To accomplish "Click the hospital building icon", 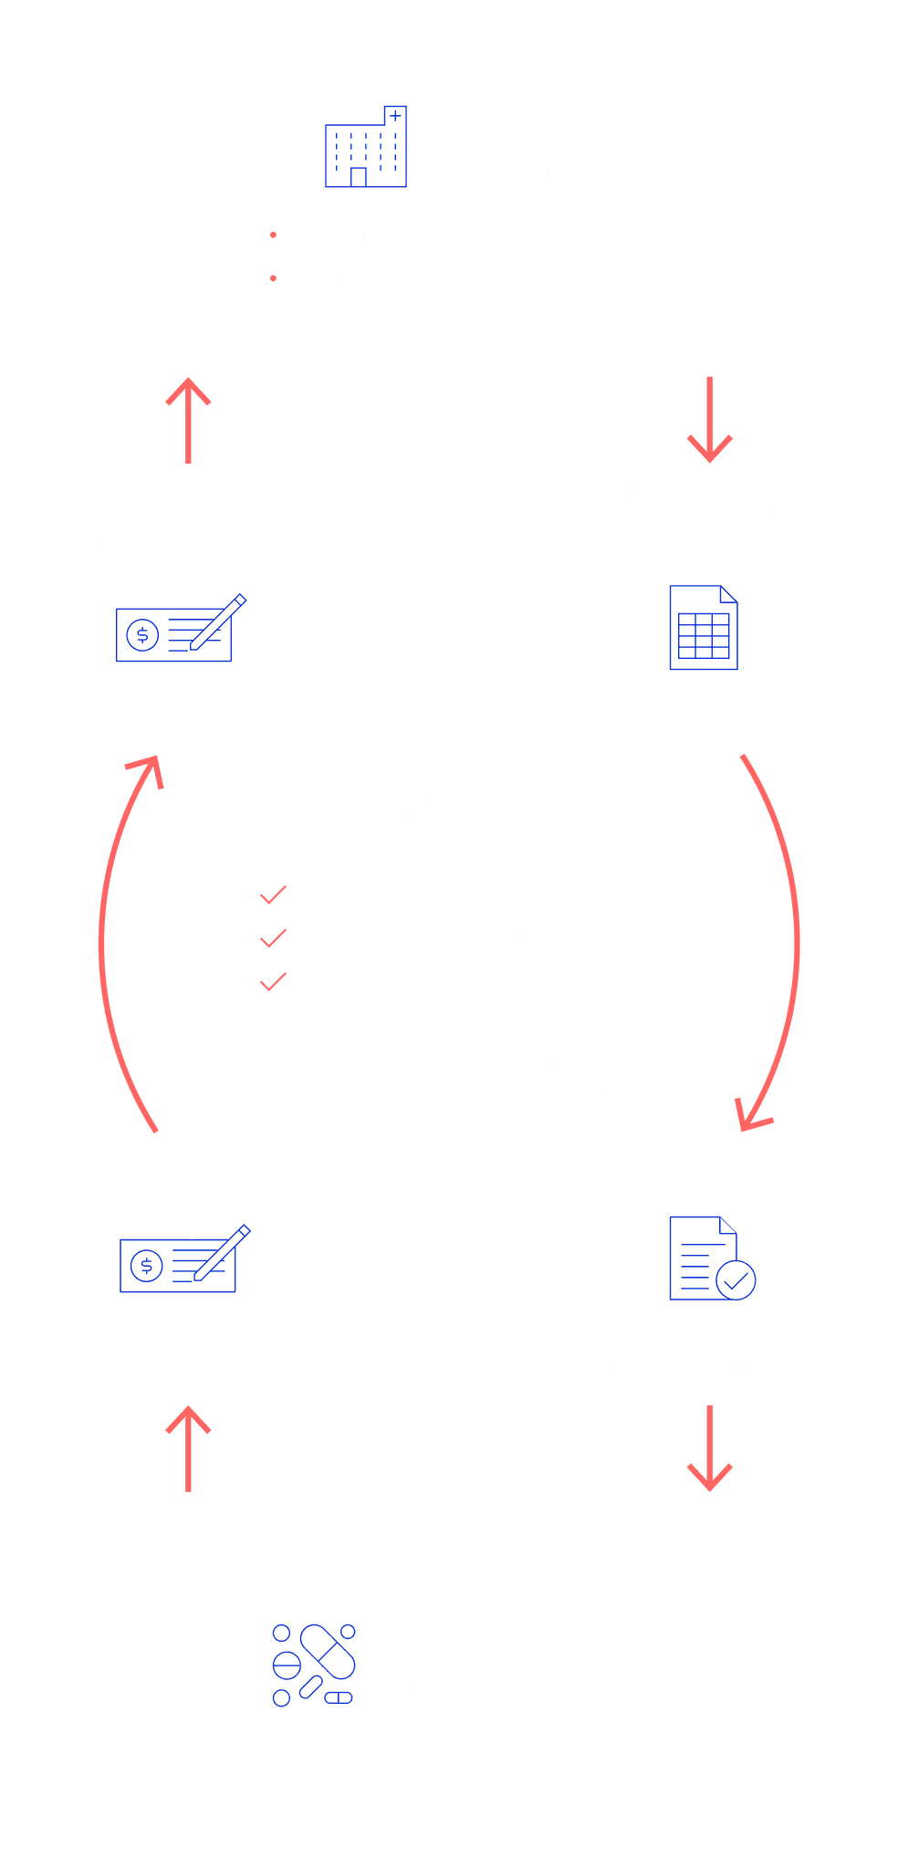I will click(x=365, y=148).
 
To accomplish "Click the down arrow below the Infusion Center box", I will click(x=709, y=419).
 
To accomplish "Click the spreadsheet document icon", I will click(x=704, y=628).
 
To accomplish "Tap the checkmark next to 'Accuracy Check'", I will click(x=273, y=895).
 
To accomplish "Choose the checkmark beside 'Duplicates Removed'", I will click(x=273, y=982).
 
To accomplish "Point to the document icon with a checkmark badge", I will click(x=710, y=1259).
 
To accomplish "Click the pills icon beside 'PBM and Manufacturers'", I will click(x=314, y=1665).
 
